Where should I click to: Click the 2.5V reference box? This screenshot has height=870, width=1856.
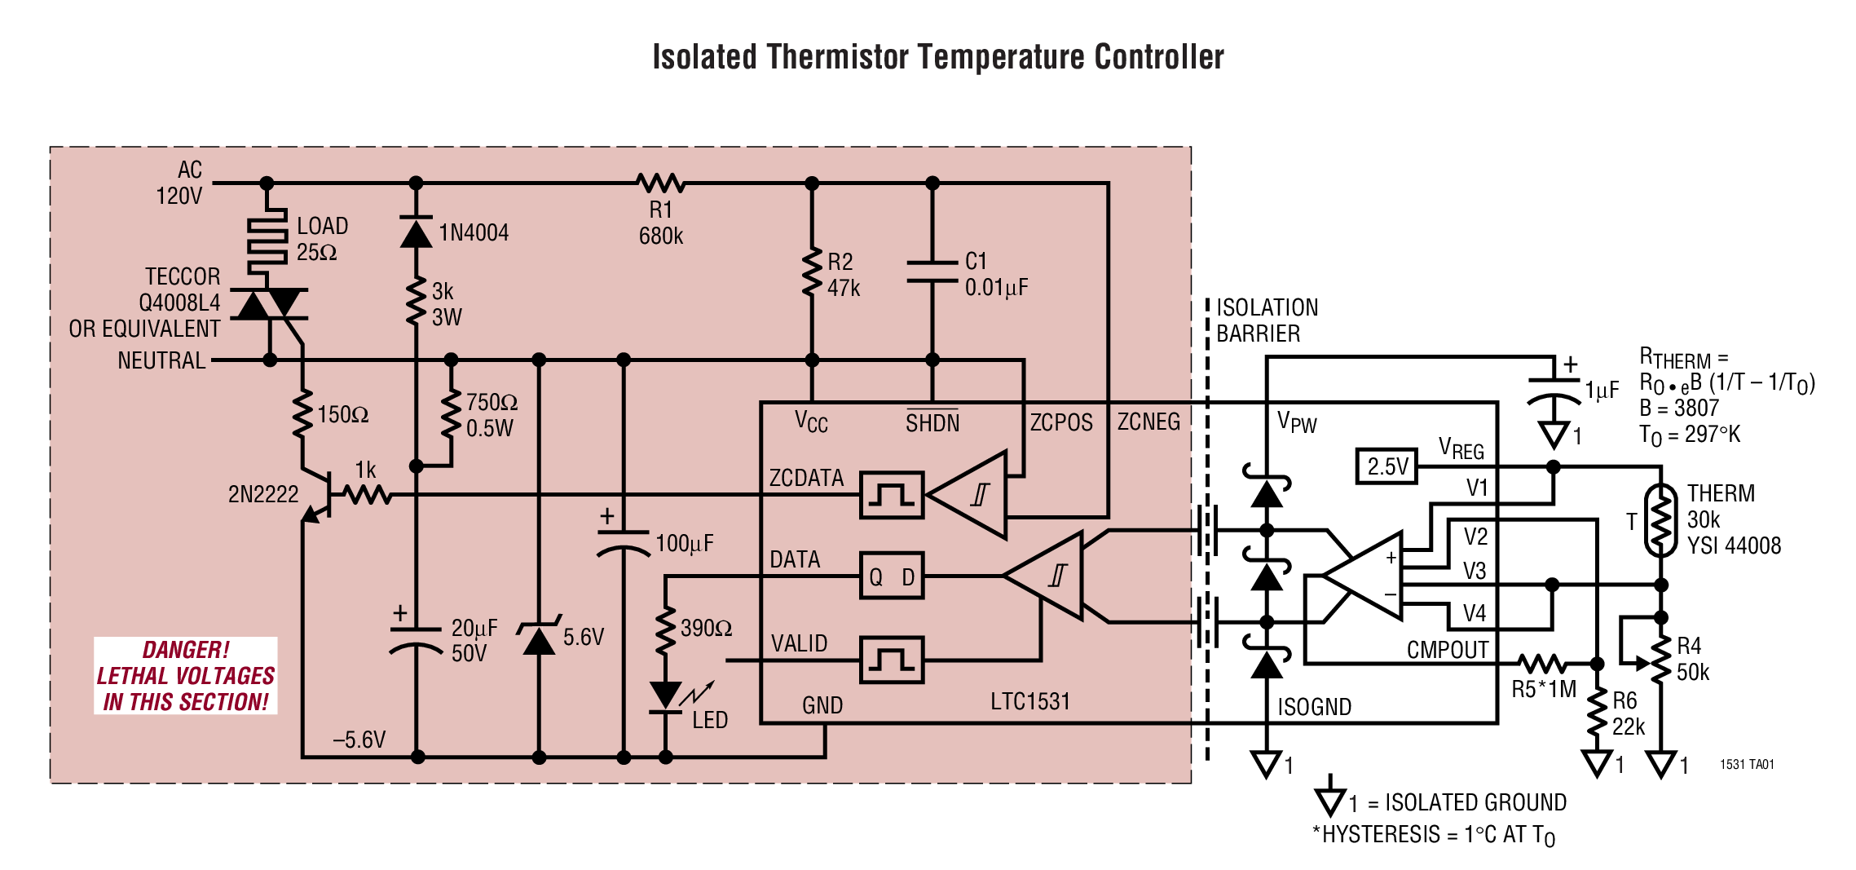point(1386,466)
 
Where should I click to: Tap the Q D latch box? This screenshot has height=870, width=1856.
point(892,576)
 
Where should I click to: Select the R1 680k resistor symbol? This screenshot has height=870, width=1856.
point(660,183)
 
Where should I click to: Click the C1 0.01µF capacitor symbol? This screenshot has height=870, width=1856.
point(932,272)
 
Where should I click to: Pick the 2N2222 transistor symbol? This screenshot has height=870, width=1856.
point(322,494)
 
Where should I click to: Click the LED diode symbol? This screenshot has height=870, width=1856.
point(666,696)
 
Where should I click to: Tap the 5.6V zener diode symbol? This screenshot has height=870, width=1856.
point(539,638)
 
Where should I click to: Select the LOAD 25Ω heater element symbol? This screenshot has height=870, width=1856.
point(267,236)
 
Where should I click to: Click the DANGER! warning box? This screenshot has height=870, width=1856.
point(186,676)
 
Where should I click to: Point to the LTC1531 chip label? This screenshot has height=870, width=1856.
point(1029,701)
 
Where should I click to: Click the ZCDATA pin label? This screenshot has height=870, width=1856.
point(806,478)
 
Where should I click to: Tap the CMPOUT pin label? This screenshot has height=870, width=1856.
point(1447,650)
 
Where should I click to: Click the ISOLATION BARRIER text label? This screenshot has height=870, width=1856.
point(1266,320)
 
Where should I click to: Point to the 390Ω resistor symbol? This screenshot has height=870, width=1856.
point(666,629)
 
